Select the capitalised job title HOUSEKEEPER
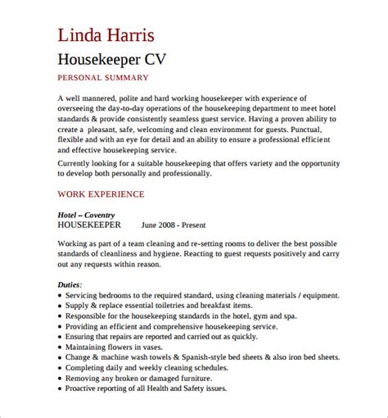pos(90,224)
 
